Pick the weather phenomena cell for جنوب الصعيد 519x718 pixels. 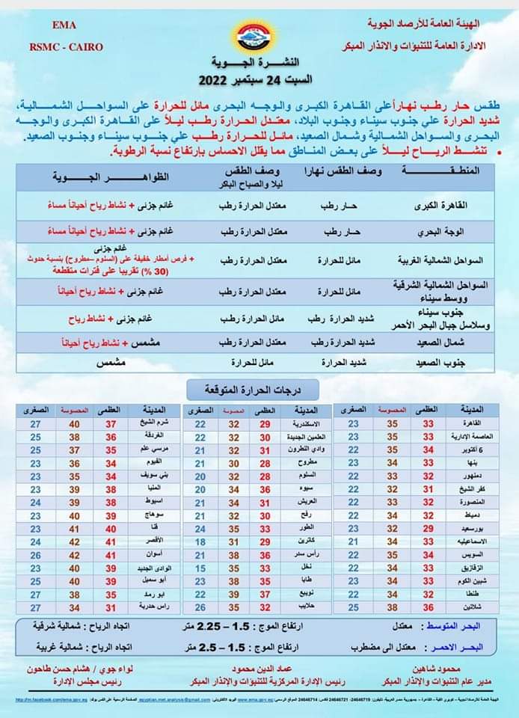(110, 363)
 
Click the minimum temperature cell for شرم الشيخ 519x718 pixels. (35, 424)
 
